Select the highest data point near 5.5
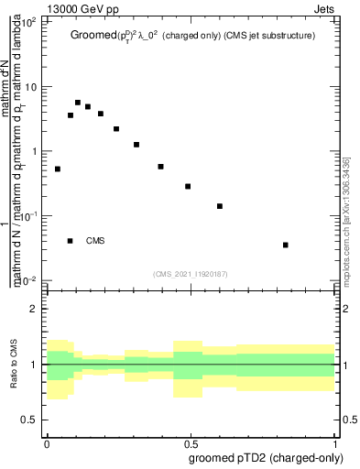coord(78,103)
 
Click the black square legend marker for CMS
coord(71,241)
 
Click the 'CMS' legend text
coord(95,241)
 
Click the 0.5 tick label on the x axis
coord(191,442)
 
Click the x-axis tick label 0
coord(47,442)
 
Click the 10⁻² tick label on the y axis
coord(29,279)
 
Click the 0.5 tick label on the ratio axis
coord(31,420)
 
